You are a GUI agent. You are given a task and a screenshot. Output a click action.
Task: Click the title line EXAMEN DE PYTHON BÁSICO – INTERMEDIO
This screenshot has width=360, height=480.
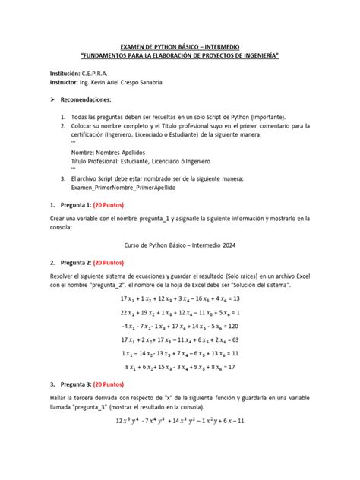[x=180, y=47]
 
